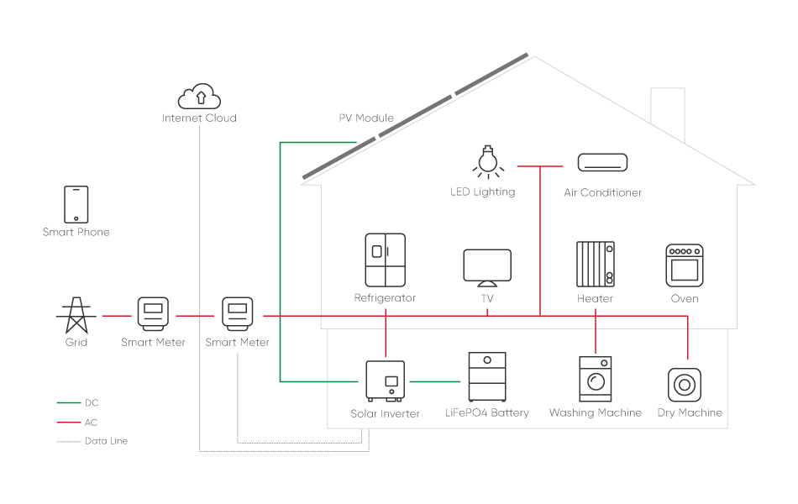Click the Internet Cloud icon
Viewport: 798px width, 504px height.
click(200, 95)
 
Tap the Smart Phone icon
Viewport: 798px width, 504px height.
click(76, 204)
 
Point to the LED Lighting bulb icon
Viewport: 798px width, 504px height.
click(485, 163)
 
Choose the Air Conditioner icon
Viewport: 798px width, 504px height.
click(602, 162)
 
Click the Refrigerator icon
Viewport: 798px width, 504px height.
click(385, 260)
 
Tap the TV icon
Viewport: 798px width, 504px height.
click(487, 266)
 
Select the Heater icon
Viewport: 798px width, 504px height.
click(595, 265)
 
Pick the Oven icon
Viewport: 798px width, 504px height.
click(685, 265)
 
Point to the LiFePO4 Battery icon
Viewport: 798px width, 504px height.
click(487, 377)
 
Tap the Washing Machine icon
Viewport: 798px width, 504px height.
click(596, 380)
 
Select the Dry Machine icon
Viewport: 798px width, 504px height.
click(685, 385)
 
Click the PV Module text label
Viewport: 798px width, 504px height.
click(366, 118)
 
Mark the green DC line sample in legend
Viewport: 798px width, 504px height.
click(69, 404)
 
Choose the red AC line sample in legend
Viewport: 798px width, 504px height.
click(69, 423)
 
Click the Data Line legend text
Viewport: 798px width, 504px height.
click(106, 441)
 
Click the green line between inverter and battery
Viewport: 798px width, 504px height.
click(435, 382)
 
